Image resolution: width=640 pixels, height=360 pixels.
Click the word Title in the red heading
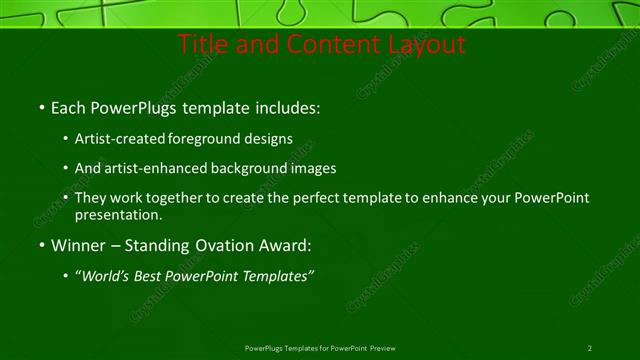201,45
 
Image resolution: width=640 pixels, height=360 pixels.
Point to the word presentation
118,214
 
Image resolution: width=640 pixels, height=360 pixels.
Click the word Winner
77,245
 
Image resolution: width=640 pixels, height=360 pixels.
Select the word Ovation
214,245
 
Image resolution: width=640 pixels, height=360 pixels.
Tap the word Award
282,245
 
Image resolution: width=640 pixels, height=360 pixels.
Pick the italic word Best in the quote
156,276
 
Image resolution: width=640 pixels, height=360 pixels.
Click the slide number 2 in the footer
589,348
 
